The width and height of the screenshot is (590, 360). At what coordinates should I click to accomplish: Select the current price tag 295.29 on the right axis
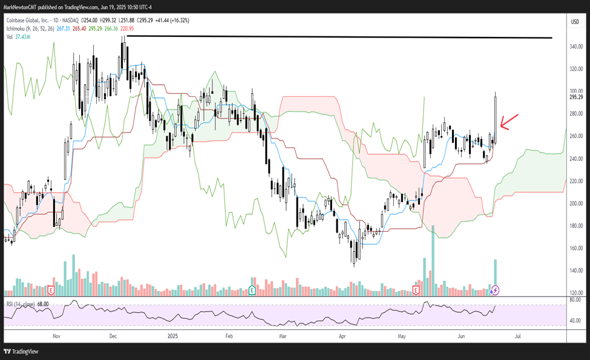pos(575,97)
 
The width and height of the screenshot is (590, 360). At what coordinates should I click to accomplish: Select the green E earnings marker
pos(251,290)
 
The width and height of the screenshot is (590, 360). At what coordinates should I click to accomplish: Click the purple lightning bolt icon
pos(495,290)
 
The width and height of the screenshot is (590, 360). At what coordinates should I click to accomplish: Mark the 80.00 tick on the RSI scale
pos(575,300)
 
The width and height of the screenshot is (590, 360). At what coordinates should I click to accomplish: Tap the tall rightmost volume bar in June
pos(495,275)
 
